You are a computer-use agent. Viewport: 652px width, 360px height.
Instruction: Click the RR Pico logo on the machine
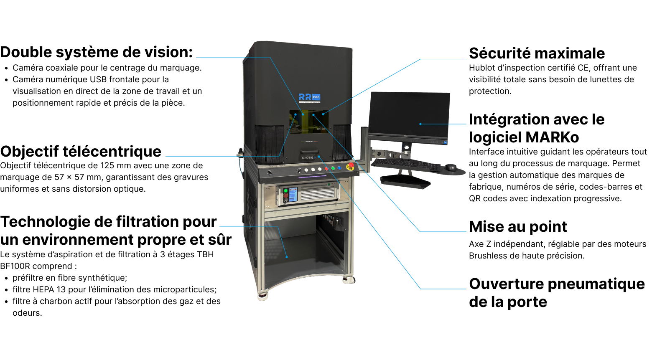[309, 97]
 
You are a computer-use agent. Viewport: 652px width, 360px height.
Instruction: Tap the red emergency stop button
[351, 166]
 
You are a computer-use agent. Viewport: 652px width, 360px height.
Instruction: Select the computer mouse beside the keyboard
[451, 167]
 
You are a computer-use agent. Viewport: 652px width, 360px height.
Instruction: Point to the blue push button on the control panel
[339, 168]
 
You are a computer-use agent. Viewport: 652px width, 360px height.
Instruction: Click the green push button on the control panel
[333, 168]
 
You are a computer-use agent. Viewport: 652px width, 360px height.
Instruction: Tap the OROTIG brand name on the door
[308, 158]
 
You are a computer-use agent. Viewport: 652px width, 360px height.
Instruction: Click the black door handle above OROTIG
[309, 152]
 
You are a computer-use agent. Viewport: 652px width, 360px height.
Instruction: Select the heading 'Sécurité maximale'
[537, 53]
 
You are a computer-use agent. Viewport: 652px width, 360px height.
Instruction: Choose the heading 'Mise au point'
[518, 226]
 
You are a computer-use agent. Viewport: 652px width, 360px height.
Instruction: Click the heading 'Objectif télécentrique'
[81, 151]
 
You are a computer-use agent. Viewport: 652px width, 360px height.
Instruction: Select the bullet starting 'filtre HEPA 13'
[114, 289]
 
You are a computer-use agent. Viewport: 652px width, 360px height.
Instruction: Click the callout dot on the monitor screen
[420, 124]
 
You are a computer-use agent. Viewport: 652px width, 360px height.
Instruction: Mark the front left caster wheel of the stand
[263, 296]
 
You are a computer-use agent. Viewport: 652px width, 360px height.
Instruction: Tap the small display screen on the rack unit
[293, 195]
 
